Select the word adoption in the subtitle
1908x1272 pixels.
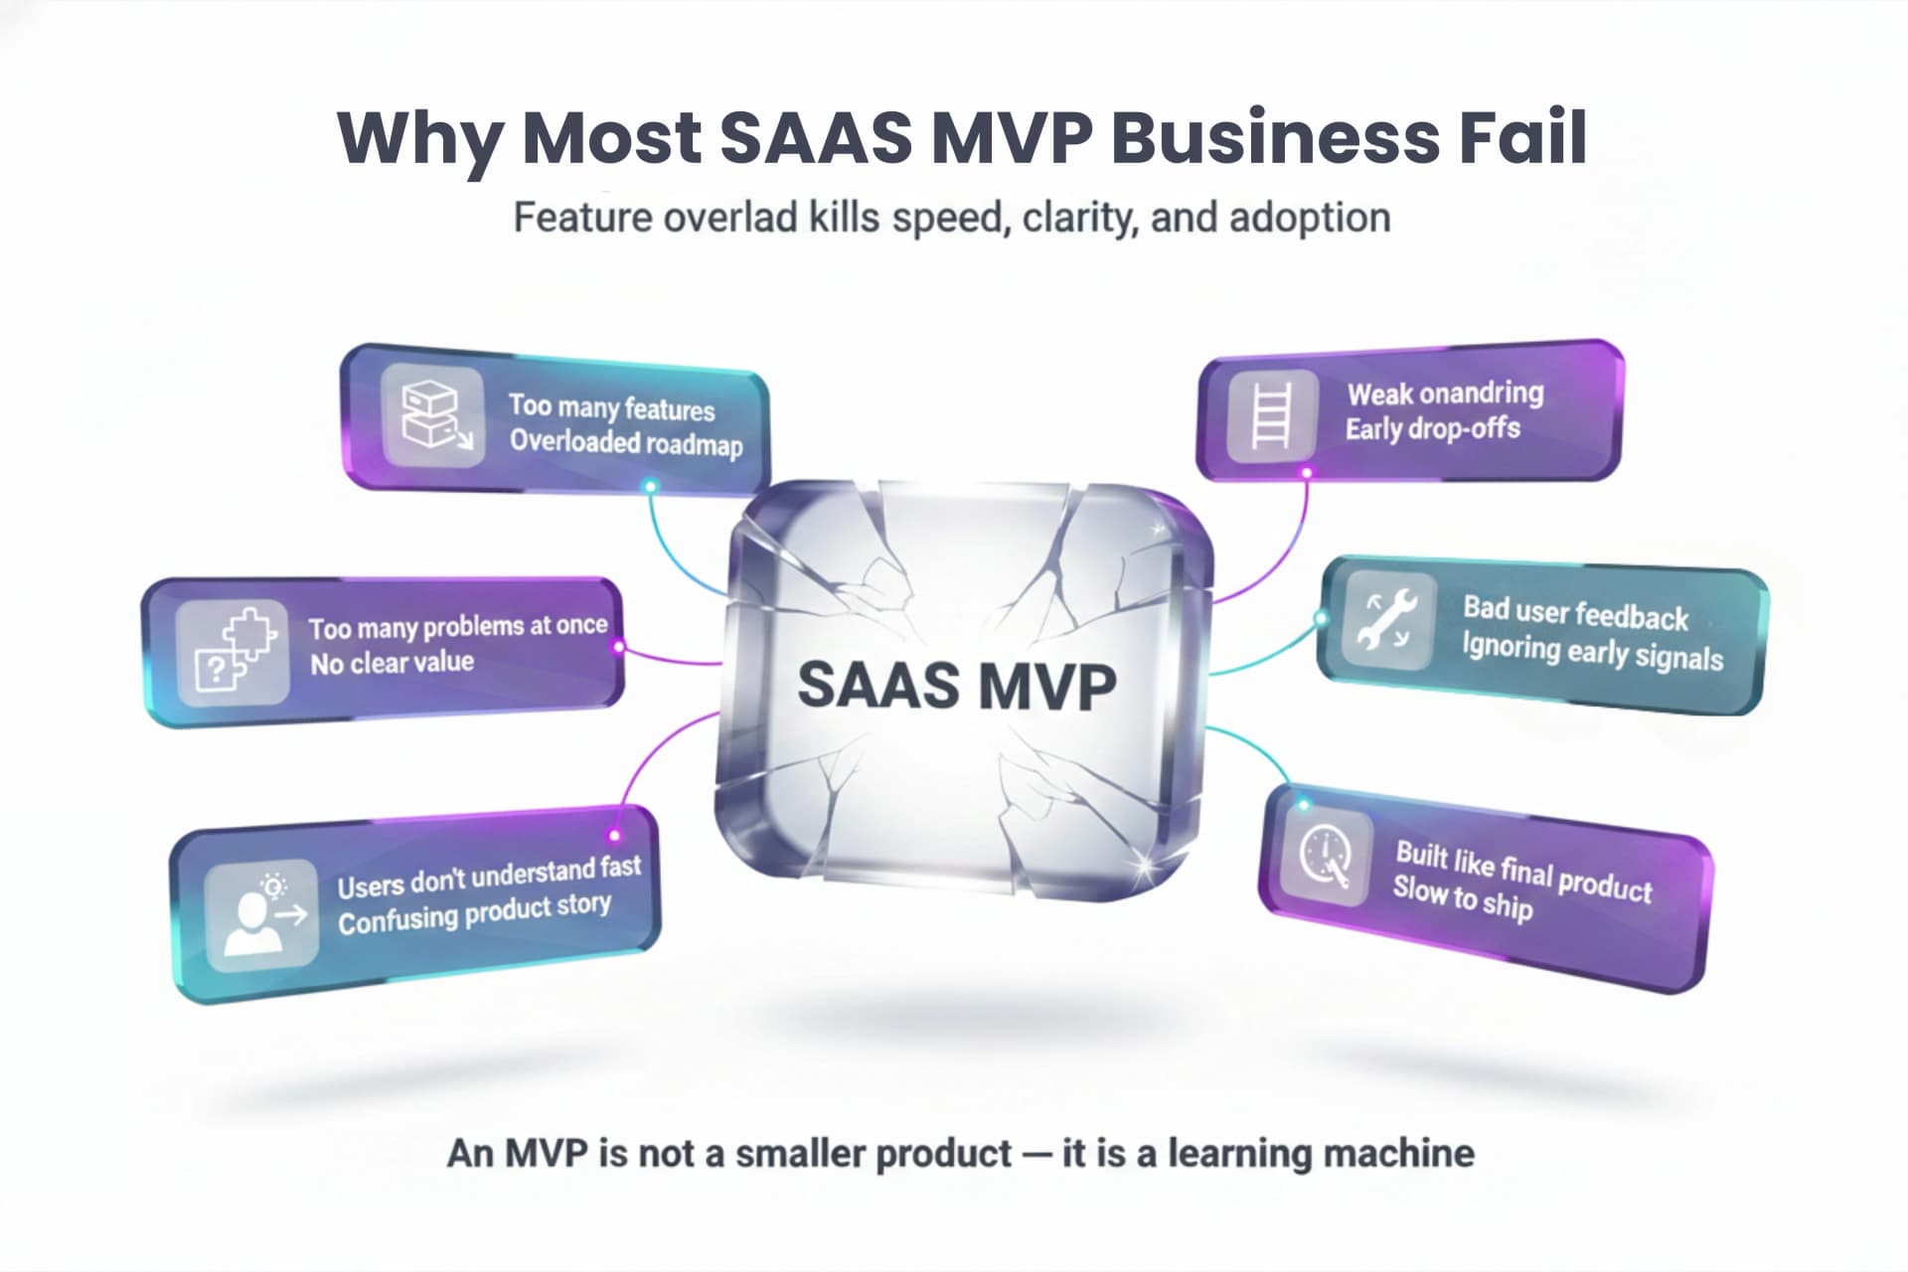pos(1310,218)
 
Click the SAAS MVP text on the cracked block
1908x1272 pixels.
pos(956,686)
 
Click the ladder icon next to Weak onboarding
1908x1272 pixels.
pos(1272,416)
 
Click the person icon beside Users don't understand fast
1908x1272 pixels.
pos(261,912)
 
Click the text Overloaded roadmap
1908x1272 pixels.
pos(626,442)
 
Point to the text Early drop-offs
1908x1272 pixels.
pos(1432,428)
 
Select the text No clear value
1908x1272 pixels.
pos(392,663)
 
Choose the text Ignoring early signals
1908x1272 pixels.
pos(1592,652)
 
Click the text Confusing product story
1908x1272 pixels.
pos(474,913)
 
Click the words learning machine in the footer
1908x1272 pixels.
pos(1321,1154)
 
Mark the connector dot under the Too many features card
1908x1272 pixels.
pos(650,486)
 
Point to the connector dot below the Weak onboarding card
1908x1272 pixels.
pos(1307,473)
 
